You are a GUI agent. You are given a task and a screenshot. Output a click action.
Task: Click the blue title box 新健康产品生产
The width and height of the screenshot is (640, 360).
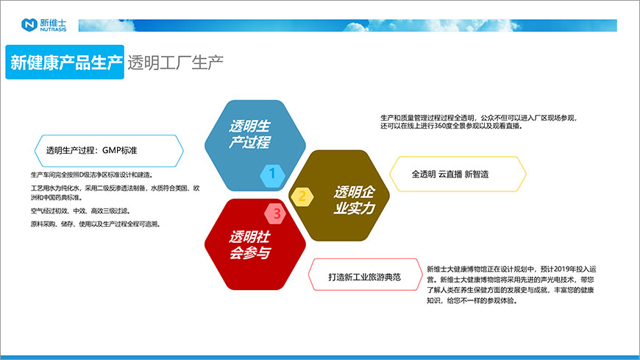coord(65,62)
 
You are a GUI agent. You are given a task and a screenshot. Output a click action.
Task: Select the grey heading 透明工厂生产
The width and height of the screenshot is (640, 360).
coord(175,62)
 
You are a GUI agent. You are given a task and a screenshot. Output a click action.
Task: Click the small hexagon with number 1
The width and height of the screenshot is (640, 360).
coord(272,174)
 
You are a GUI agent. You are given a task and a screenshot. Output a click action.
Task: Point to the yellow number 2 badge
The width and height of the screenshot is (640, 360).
coord(302,196)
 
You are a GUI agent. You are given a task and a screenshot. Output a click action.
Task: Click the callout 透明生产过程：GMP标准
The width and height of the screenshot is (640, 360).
coord(107,151)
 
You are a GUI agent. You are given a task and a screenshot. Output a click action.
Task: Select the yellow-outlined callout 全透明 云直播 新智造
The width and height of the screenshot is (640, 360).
coord(456,174)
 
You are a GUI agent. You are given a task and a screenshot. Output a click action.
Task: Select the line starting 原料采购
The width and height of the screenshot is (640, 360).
coord(96,223)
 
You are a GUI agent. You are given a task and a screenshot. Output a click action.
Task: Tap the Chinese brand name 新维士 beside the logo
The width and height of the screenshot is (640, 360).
coord(52,22)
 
